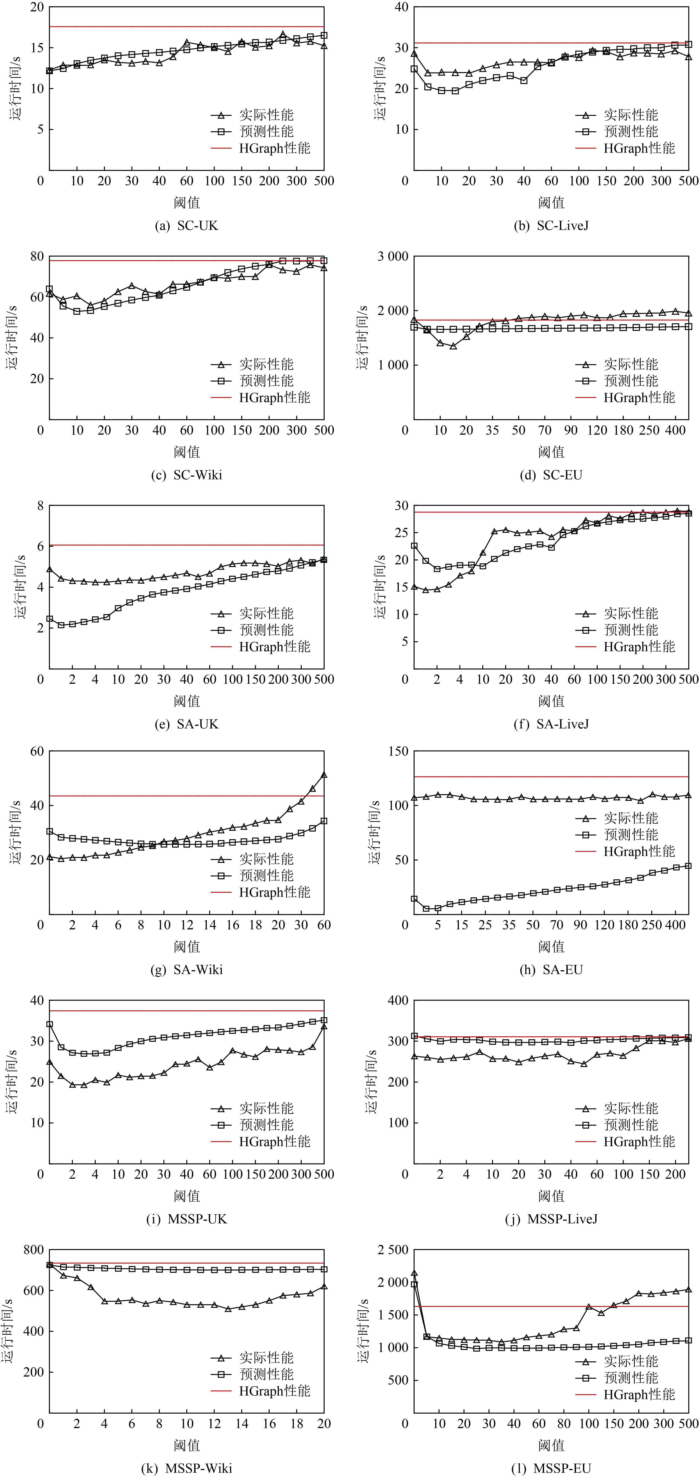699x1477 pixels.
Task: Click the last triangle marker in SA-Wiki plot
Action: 324,775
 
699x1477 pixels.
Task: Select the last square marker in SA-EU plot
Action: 688,866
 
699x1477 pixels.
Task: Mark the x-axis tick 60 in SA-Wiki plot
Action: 324,925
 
